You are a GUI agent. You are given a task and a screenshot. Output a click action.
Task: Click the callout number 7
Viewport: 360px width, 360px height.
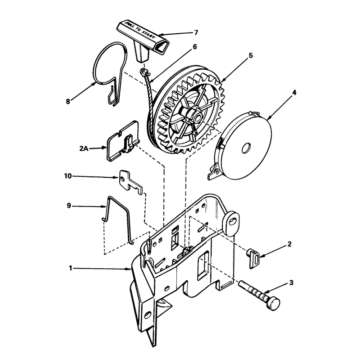[x=196, y=32]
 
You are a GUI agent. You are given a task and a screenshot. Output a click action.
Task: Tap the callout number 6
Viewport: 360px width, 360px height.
[x=195, y=47]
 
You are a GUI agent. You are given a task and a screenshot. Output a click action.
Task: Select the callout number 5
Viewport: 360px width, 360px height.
[x=251, y=56]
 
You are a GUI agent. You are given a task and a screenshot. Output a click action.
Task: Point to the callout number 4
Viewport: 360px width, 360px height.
[x=294, y=93]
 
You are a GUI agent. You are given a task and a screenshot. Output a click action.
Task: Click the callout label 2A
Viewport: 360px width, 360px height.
[x=84, y=148]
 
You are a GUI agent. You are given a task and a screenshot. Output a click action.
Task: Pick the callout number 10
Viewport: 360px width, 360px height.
[x=68, y=176]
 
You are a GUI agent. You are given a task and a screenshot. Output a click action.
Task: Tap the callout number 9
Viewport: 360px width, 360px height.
[x=69, y=206]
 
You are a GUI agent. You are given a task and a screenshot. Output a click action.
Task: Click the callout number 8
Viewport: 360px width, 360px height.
[x=68, y=101]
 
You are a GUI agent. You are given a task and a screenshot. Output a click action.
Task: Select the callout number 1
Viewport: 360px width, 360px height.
[x=71, y=268]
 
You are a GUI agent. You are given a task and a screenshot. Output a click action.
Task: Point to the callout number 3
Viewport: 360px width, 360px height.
[x=291, y=283]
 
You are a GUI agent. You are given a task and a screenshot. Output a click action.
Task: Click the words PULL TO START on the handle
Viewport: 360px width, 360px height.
[x=140, y=30]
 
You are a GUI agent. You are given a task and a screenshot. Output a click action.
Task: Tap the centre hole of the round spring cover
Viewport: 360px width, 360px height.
[x=246, y=148]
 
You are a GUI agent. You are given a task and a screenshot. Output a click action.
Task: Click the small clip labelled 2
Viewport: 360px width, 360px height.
[x=253, y=258]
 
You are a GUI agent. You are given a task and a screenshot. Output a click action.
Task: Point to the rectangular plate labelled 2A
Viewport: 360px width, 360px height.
[x=123, y=141]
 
